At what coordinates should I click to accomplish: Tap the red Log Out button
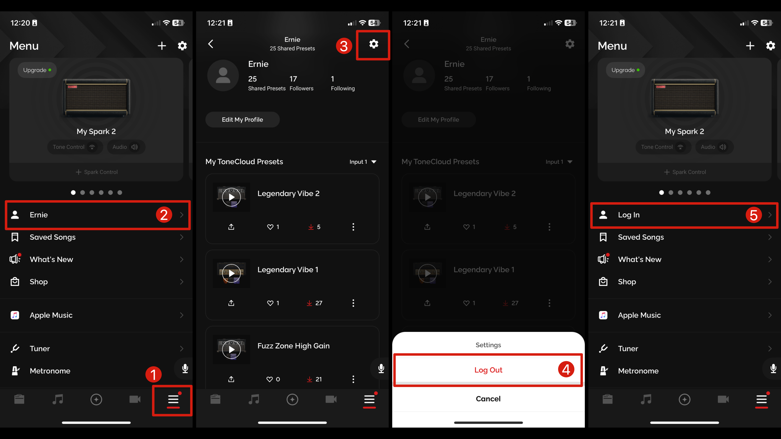tap(488, 370)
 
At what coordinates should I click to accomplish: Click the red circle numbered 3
tap(344, 46)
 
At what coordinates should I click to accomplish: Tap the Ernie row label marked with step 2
tap(38, 215)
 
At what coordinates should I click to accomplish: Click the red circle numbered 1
tap(153, 374)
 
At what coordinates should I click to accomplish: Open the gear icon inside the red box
tap(374, 44)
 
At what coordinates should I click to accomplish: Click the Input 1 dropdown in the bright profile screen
tap(363, 162)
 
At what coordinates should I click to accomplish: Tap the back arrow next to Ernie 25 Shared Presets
tap(211, 44)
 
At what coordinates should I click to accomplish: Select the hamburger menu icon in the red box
tap(173, 400)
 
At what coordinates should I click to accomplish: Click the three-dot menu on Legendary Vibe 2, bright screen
tap(353, 227)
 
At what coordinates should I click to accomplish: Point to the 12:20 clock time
tap(20, 23)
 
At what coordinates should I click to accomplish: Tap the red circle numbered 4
tap(566, 369)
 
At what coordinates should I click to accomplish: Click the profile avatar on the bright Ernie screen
tap(223, 75)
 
